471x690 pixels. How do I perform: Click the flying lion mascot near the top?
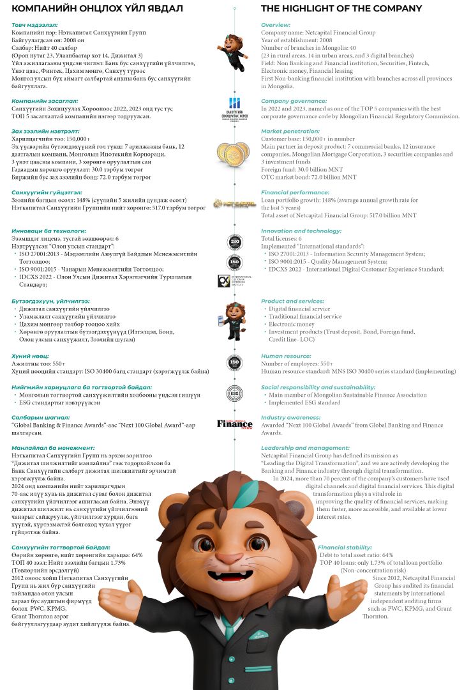click(235, 52)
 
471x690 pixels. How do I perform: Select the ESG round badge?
click(235, 393)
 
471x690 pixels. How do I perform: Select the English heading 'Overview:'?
click(276, 25)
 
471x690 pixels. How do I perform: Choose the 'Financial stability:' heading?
click(345, 548)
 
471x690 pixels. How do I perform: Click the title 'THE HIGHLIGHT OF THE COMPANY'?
click(341, 8)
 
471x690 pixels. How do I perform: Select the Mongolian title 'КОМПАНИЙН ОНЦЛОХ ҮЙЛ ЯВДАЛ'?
click(98, 8)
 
